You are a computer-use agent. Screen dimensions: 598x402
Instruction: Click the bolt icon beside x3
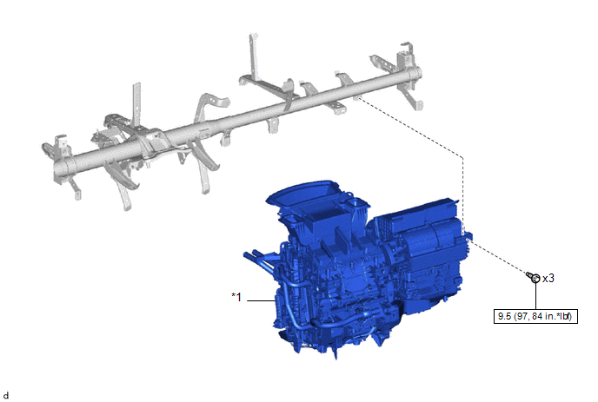click(534, 277)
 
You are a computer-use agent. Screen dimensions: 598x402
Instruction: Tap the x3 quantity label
click(548, 279)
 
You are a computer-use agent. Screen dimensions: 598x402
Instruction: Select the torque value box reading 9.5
click(535, 316)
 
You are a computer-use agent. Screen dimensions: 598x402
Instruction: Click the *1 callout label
click(236, 297)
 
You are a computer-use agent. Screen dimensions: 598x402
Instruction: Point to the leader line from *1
click(262, 300)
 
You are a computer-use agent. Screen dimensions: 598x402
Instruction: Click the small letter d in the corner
click(6, 396)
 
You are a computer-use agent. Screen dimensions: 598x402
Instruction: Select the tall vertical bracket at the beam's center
click(253, 57)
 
